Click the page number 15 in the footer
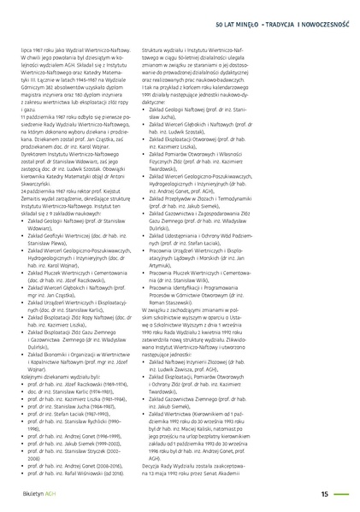pos(325,492)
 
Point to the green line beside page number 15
pos(345,492)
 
